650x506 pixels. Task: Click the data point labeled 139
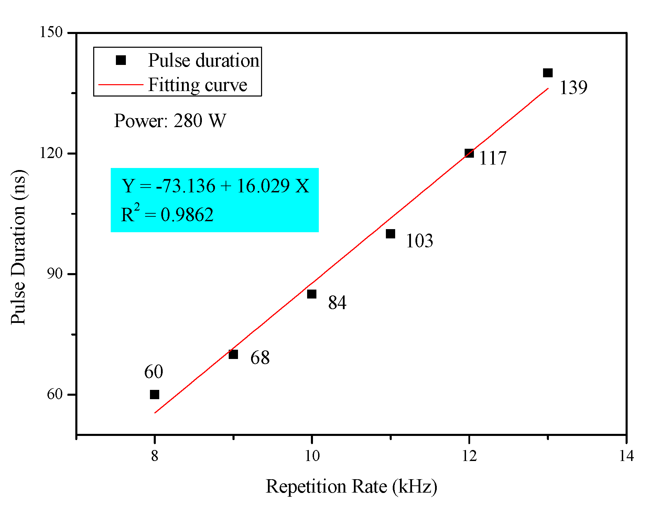pos(548,73)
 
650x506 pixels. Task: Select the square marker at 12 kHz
pos(469,153)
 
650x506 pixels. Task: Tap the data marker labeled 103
pos(390,234)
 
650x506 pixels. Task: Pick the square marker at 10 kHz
pos(312,294)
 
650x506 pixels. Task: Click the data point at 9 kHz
pos(233,354)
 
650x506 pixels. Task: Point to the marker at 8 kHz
pos(154,394)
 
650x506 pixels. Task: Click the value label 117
pos(492,158)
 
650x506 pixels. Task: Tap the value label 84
pos(337,303)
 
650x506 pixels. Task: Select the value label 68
pos(260,358)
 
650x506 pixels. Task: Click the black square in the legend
pos(121,60)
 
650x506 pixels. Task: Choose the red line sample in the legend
pos(121,84)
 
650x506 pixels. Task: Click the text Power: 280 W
pos(170,121)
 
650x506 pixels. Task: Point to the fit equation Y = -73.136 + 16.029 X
pos(215,186)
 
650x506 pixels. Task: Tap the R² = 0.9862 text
pos(167,214)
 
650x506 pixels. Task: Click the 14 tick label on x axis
pos(626,456)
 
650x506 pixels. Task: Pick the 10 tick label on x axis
pos(312,456)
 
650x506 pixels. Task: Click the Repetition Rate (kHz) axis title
pos(351,486)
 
